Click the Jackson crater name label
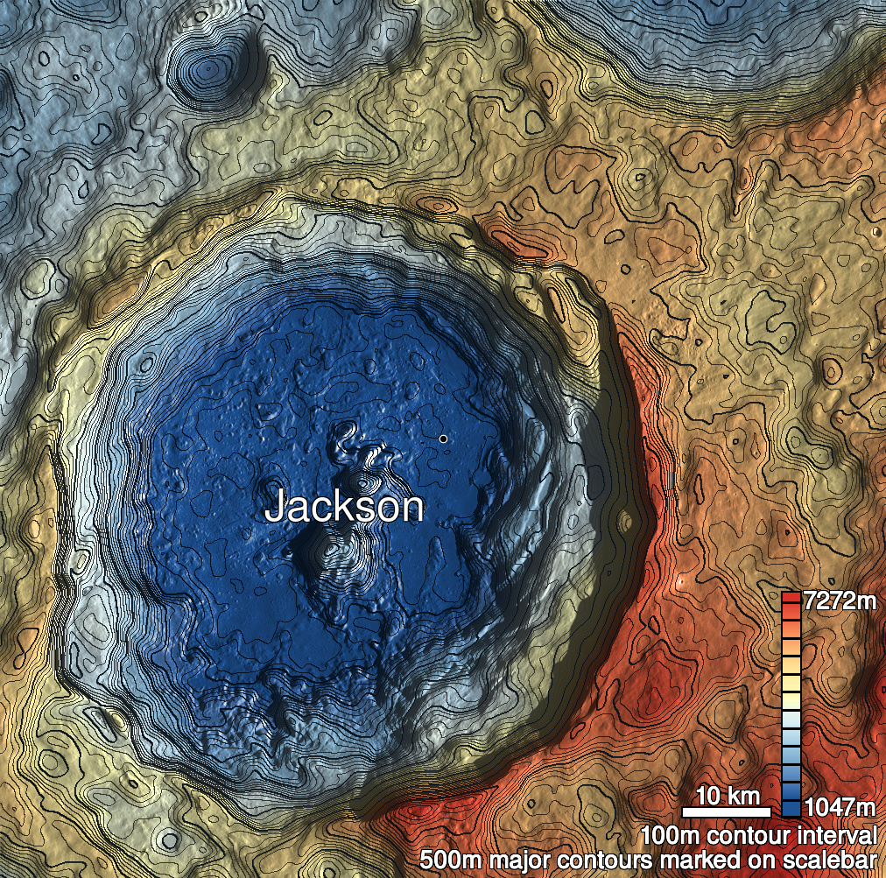click(x=344, y=507)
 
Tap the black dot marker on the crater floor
click(x=444, y=438)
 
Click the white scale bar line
click(x=725, y=811)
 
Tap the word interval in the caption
click(x=833, y=834)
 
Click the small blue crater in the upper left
click(x=207, y=67)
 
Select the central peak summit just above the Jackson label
click(x=362, y=481)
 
